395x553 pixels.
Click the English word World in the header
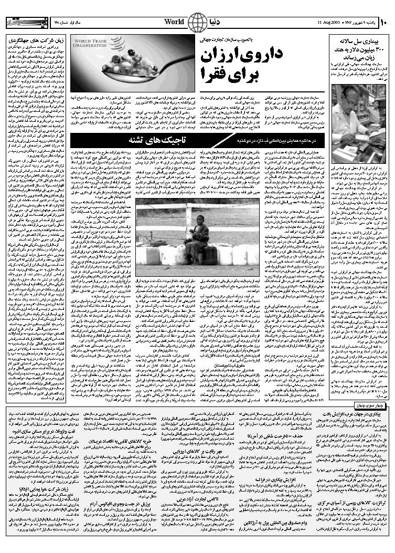(x=174, y=22)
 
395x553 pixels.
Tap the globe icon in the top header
(x=197, y=22)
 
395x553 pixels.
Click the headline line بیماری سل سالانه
(x=361, y=40)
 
